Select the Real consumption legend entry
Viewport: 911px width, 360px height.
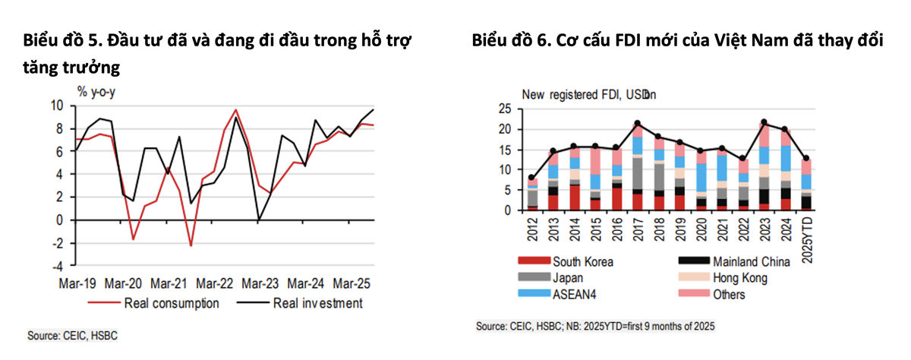coord(171,304)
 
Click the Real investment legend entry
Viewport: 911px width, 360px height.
coord(317,304)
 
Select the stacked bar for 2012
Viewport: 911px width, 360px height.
coord(532,194)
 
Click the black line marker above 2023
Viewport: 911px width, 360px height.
coord(763,123)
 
